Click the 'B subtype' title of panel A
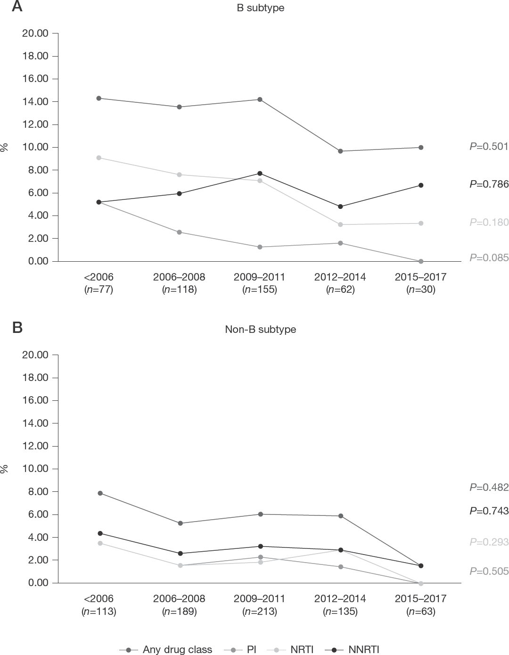260,8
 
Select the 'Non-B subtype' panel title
260,329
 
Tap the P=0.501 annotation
489,147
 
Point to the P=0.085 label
489,258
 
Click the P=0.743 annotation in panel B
489,511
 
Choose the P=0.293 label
489,542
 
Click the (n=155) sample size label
260,290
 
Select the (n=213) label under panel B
260,611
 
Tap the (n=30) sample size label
421,290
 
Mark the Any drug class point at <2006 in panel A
99,98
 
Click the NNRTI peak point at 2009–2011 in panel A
260,174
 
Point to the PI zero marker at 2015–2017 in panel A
421,261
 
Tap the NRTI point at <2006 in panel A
99,158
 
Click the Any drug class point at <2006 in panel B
100,493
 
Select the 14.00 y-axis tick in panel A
35,101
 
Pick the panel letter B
17,327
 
